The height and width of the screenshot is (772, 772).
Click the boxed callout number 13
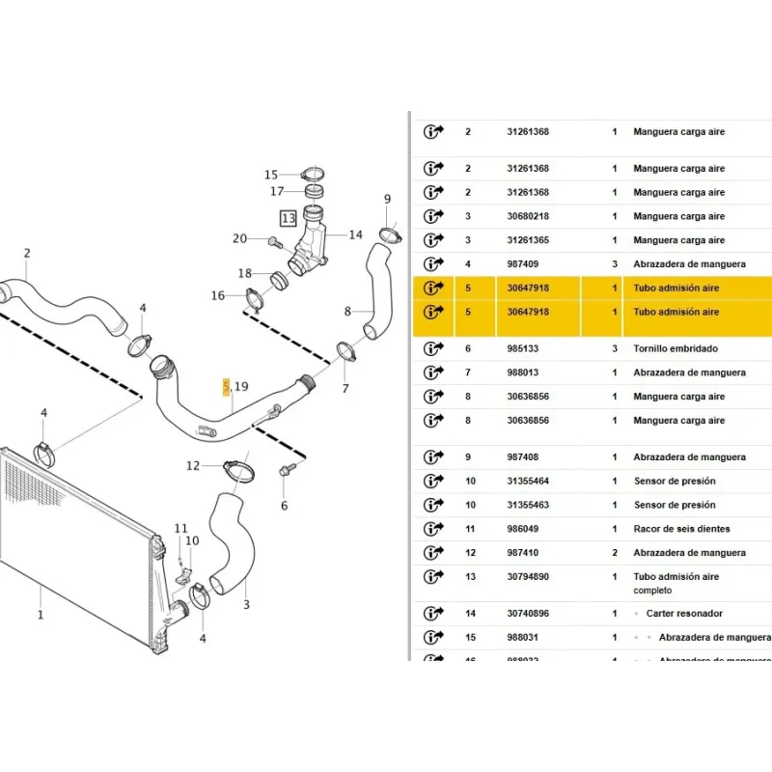[x=289, y=219]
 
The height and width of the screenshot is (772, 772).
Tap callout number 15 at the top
[x=271, y=175]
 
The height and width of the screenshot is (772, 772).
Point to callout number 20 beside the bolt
[x=240, y=238]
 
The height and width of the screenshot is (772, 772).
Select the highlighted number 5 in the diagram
[x=227, y=387]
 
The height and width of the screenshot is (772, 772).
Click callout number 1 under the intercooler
[x=40, y=614]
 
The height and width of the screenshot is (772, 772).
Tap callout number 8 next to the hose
[x=347, y=312]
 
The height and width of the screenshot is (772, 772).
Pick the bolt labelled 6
[x=286, y=471]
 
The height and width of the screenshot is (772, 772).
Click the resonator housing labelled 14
[x=314, y=243]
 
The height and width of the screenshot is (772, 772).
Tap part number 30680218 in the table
[x=528, y=216]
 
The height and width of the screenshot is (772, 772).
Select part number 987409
[x=521, y=263]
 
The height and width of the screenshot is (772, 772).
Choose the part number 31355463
[x=528, y=505]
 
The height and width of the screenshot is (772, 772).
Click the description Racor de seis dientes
[x=681, y=529]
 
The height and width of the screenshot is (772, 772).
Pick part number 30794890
[x=528, y=577]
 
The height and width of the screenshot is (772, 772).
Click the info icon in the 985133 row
[x=432, y=349]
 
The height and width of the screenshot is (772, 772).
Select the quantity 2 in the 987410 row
[x=615, y=553]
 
